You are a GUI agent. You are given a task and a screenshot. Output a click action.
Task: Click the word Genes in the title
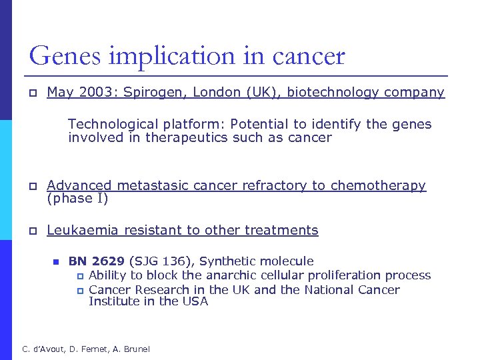tap(63, 56)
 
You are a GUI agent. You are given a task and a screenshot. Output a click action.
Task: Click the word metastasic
tap(147, 185)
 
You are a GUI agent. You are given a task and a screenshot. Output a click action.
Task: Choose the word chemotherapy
tap(378, 185)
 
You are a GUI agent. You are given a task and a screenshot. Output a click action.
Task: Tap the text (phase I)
tap(77, 199)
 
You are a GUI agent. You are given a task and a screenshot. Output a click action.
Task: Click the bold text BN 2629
tap(97, 261)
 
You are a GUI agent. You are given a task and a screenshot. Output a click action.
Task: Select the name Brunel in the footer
tap(135, 349)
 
